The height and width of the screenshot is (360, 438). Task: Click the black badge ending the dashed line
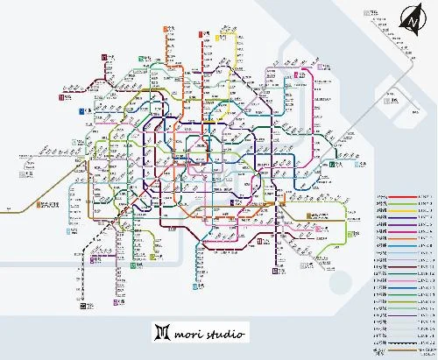pyautogui.click(x=83, y=307)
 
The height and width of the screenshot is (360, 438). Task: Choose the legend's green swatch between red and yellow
pyautogui.click(x=402, y=209)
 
